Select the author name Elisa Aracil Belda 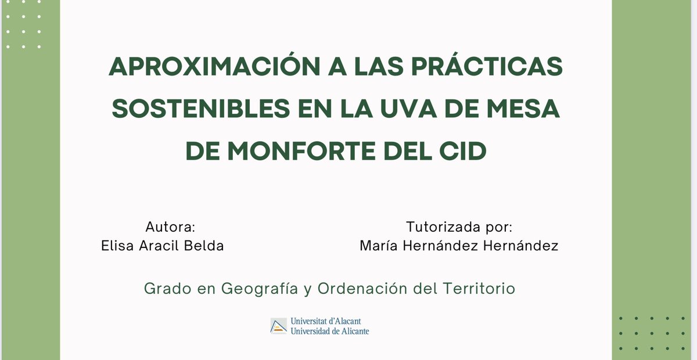click(x=162, y=246)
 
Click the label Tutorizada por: click(x=459, y=226)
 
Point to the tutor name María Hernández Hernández click(x=459, y=246)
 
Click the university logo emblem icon click(x=279, y=326)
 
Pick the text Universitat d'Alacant click(x=329, y=321)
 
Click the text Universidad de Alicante click(x=329, y=331)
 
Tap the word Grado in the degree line click(x=164, y=289)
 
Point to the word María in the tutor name click(x=378, y=246)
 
